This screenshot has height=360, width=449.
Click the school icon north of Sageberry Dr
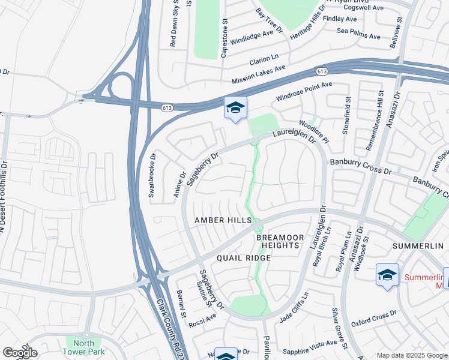[235, 108]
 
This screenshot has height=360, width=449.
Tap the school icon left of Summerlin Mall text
[387, 275]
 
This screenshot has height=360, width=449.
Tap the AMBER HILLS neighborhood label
[223, 221]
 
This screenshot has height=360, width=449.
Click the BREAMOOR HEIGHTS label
[277, 242]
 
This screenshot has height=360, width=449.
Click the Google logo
[19, 353]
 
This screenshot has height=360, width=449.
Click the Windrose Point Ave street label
[304, 92]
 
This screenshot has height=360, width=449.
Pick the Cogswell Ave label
[362, 7]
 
